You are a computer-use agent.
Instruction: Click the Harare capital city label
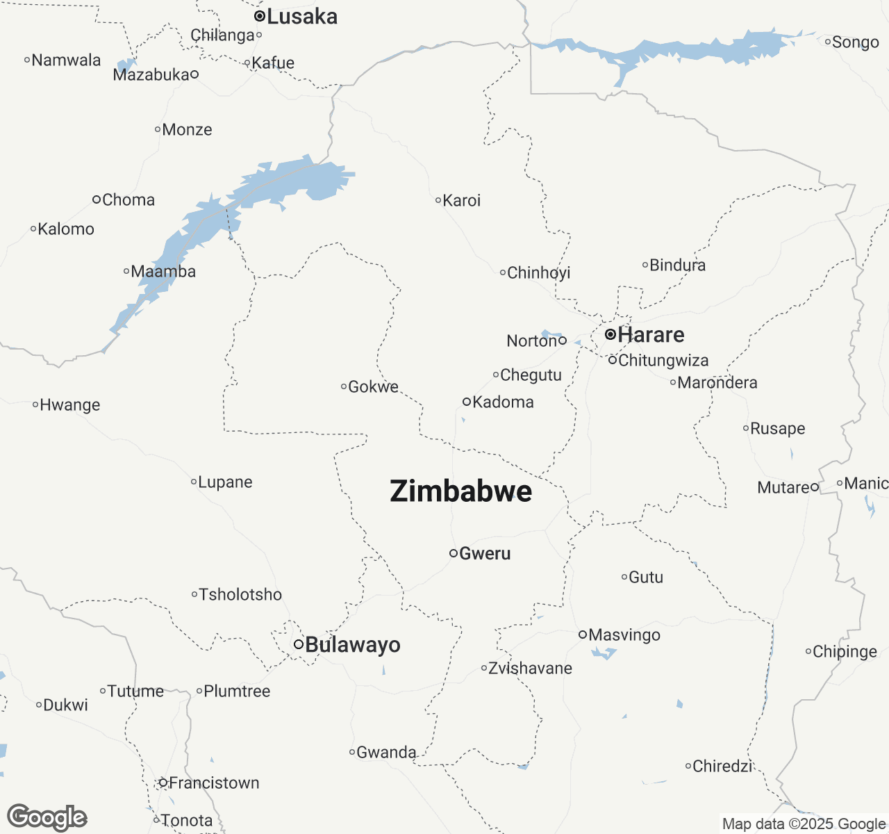pyautogui.click(x=651, y=335)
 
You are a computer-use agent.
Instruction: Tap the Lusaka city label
pyautogui.click(x=302, y=17)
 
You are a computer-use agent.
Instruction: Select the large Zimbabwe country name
pyautogui.click(x=461, y=491)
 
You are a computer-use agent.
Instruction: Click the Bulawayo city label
pyautogui.click(x=353, y=645)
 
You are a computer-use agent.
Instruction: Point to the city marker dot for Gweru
pyautogui.click(x=454, y=553)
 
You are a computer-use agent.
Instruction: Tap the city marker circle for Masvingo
pyautogui.click(x=583, y=634)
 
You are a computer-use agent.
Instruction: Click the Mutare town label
pyautogui.click(x=783, y=488)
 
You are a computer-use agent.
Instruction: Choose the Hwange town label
pyautogui.click(x=69, y=405)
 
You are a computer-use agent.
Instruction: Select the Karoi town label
pyautogui.click(x=462, y=201)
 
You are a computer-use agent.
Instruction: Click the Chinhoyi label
pyautogui.click(x=539, y=273)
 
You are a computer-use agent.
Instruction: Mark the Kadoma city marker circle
pyautogui.click(x=467, y=402)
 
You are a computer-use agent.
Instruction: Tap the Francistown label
pyautogui.click(x=214, y=783)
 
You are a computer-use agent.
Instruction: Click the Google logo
pyautogui.click(x=47, y=817)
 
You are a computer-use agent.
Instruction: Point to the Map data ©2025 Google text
pyautogui.click(x=804, y=824)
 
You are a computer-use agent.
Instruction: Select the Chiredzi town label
pyautogui.click(x=723, y=767)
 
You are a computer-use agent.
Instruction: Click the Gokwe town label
pyautogui.click(x=374, y=387)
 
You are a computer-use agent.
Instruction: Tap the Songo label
pyautogui.click(x=856, y=42)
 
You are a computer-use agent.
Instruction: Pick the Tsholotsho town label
pyautogui.click(x=240, y=595)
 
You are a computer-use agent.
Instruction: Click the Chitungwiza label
pyautogui.click(x=663, y=361)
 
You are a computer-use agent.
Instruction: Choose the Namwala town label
pyautogui.click(x=66, y=60)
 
